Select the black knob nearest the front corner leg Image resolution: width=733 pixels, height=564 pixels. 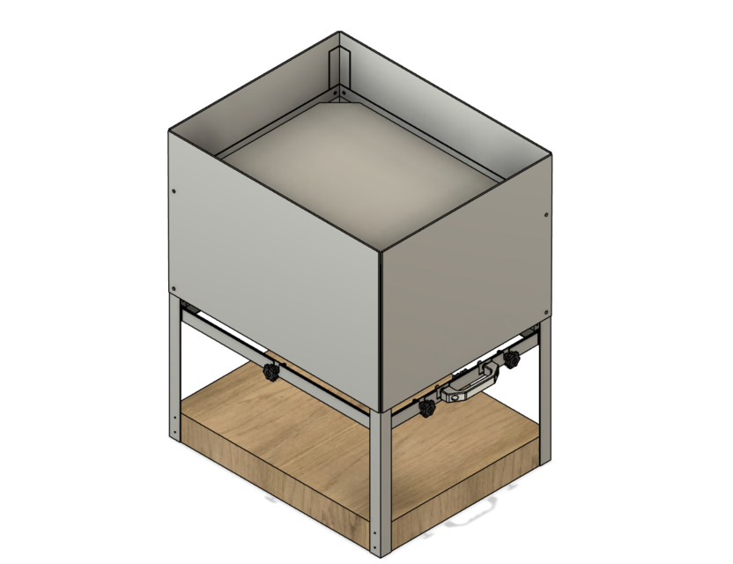(428, 408)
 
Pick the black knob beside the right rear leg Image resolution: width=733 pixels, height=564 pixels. (510, 359)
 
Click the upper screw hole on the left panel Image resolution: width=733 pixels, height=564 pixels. (174, 189)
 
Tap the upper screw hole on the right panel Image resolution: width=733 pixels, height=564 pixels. (546, 214)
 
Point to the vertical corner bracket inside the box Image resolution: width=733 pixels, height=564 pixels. (336, 70)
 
